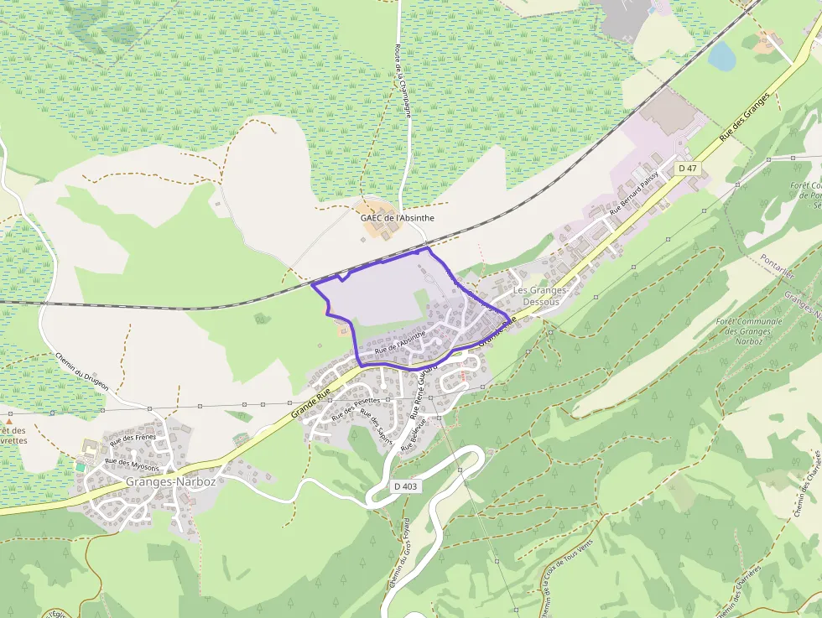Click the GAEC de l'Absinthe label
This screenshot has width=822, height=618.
398,217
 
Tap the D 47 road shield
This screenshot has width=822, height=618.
688,169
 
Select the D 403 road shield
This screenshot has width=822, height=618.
405,486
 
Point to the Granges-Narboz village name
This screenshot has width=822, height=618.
170,482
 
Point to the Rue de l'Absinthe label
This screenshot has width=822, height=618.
401,341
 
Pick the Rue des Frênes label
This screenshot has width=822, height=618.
133,439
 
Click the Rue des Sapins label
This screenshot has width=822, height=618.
374,424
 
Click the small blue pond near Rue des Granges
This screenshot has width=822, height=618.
721,55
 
